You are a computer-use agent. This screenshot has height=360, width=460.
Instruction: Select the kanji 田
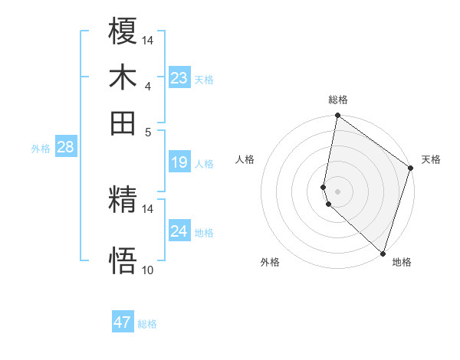[x=123, y=123]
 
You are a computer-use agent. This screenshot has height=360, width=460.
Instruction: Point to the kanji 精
[x=123, y=201]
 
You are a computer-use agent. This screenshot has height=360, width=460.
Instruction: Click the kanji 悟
[x=123, y=261]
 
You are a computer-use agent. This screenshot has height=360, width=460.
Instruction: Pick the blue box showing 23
[x=179, y=77]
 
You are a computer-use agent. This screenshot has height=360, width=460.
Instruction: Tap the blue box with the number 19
[x=179, y=162]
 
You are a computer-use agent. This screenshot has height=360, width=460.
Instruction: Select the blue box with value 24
[x=179, y=231]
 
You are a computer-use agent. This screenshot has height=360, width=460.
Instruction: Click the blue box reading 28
[x=65, y=147]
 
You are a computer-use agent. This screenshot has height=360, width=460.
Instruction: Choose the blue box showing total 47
[x=123, y=322]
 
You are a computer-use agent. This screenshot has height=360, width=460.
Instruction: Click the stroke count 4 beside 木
[x=147, y=86]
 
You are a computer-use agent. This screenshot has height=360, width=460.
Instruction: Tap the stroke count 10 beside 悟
[x=148, y=270]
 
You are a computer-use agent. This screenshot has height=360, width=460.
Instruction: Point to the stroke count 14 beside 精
[x=148, y=208]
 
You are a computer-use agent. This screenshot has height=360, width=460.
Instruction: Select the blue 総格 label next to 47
[x=147, y=324]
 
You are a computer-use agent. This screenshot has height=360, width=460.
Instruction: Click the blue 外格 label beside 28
[x=41, y=149]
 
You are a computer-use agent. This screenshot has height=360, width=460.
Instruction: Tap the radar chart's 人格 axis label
[x=245, y=159]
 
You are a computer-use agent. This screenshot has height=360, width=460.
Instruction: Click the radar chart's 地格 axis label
[x=402, y=262]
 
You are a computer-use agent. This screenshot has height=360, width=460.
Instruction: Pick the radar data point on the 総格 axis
[x=337, y=116]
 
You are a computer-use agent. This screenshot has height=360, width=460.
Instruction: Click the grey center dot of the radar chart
[x=337, y=191]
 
